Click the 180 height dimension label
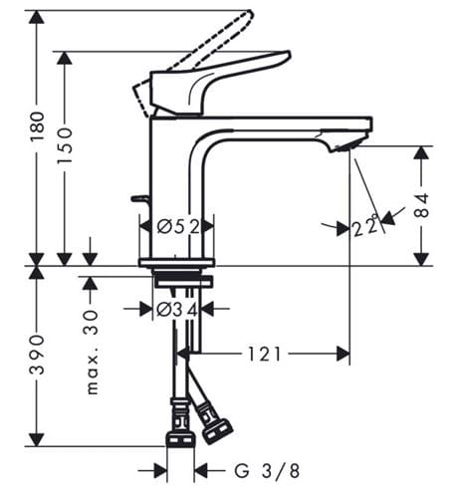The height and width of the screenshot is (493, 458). coord(37,126)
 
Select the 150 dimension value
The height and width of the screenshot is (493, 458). coord(65,145)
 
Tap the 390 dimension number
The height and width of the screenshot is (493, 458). coord(37,355)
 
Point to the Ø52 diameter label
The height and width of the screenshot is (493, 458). coord(178,227)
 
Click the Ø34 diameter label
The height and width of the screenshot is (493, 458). coord(177,310)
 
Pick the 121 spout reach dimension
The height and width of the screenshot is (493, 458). coord(265,354)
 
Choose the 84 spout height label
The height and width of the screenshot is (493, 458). coord(422,205)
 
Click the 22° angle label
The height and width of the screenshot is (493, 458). coord(365,227)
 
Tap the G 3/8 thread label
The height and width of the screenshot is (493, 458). coord(267,470)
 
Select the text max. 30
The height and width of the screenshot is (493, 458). coord(93,353)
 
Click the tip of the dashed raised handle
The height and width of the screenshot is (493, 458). coord(251,13)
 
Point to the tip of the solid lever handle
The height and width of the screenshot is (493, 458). coord(289,53)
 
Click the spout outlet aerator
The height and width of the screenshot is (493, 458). coord(345,145)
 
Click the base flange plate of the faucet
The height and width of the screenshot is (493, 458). coord(177,263)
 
